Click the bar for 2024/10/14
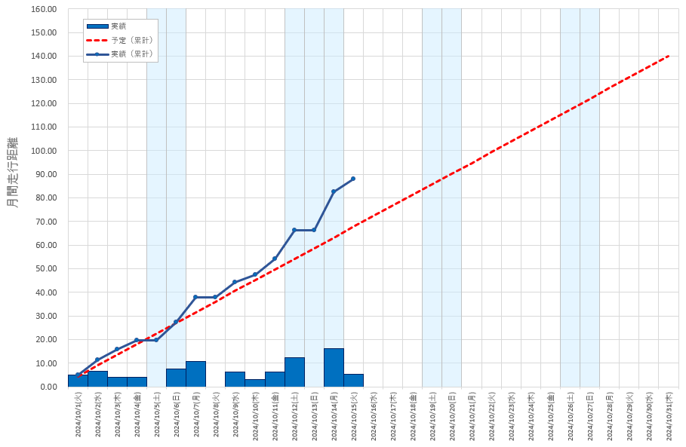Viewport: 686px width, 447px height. (x=334, y=368)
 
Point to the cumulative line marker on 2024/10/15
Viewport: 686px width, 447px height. (x=353, y=179)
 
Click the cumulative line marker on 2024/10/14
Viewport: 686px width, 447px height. (x=334, y=191)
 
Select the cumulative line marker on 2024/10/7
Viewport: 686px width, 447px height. (x=195, y=297)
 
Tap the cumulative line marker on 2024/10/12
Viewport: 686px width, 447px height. (x=294, y=230)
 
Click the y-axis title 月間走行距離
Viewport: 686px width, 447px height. (x=13, y=173)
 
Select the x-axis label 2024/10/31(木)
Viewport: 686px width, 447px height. (x=669, y=414)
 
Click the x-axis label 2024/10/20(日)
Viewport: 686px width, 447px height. (x=452, y=414)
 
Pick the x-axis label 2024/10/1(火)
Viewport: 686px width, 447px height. (x=78, y=414)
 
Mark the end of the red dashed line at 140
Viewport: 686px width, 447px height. (x=669, y=56)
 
